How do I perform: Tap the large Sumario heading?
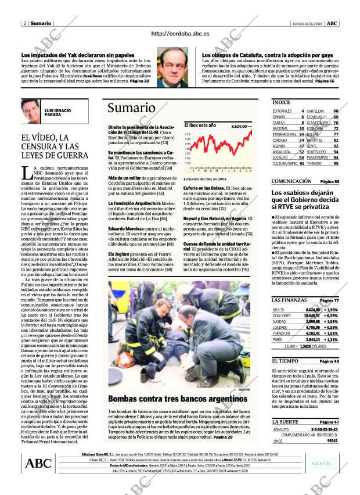tap(131, 109)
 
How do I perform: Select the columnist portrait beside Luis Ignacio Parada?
tap(31, 112)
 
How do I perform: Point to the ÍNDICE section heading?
tap(282, 102)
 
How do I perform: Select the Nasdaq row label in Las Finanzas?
tap(279, 321)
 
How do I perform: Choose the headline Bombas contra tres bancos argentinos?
tap(174, 399)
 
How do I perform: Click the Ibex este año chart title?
tap(200, 125)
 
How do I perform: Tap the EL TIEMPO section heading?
tap(286, 361)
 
